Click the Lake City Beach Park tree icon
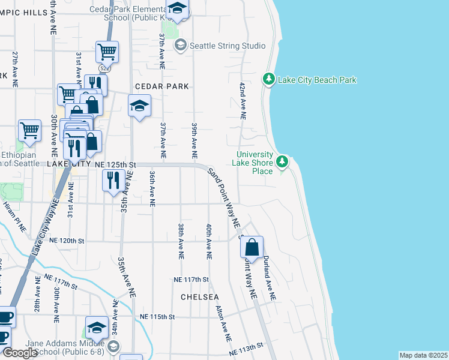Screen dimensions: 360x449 [270, 79]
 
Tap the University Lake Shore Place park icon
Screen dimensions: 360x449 [282, 161]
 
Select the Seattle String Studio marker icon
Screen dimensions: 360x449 [180, 46]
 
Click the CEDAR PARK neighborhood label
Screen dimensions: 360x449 [162, 86]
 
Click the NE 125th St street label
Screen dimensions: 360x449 [116, 164]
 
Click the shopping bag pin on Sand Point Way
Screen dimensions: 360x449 [252, 247]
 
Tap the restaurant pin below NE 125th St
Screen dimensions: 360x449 [113, 180]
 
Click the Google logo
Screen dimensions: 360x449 [20, 353]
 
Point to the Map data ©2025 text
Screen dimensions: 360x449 [423, 355]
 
